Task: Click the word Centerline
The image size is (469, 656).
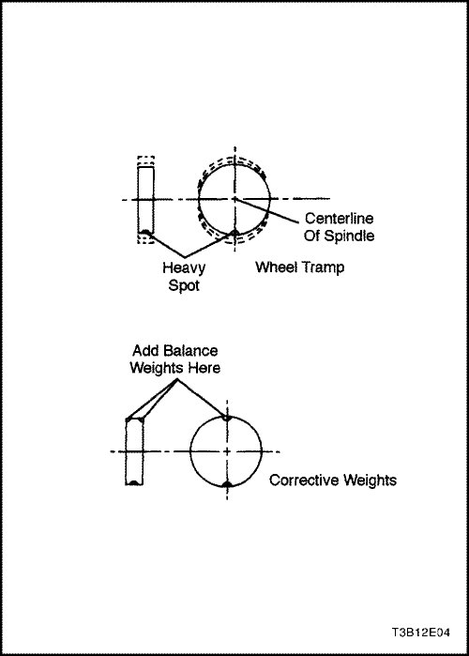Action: point(339,219)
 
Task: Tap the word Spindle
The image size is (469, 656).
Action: point(350,236)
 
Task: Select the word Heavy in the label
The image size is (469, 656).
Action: point(184,267)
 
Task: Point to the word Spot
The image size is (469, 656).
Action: point(184,285)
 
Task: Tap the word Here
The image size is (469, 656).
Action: point(204,368)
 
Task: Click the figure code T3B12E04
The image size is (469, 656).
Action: point(421,633)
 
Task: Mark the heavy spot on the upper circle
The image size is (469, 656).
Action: point(234,232)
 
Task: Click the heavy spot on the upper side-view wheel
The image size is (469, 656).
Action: point(145,232)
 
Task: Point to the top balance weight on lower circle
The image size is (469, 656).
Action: point(227,418)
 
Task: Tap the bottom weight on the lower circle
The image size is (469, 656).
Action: point(227,484)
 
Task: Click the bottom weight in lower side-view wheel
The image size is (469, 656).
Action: point(133,483)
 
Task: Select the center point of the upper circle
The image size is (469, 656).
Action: point(234,199)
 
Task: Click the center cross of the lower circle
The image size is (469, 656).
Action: point(227,451)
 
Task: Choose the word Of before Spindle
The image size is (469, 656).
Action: point(312,236)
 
